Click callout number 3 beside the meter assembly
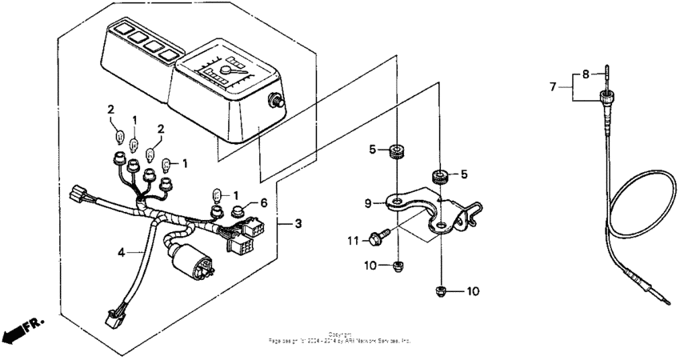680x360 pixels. tap(298, 223)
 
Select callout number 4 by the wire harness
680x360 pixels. tap(121, 252)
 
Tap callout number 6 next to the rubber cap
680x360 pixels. tap(263, 204)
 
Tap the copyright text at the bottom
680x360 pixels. tap(340, 338)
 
